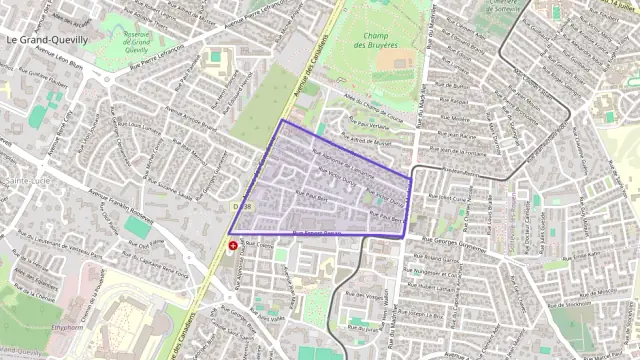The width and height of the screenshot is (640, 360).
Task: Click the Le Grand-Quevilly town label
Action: pyautogui.click(x=47, y=40)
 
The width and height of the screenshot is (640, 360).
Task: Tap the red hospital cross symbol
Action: pyautogui.click(x=233, y=244)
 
